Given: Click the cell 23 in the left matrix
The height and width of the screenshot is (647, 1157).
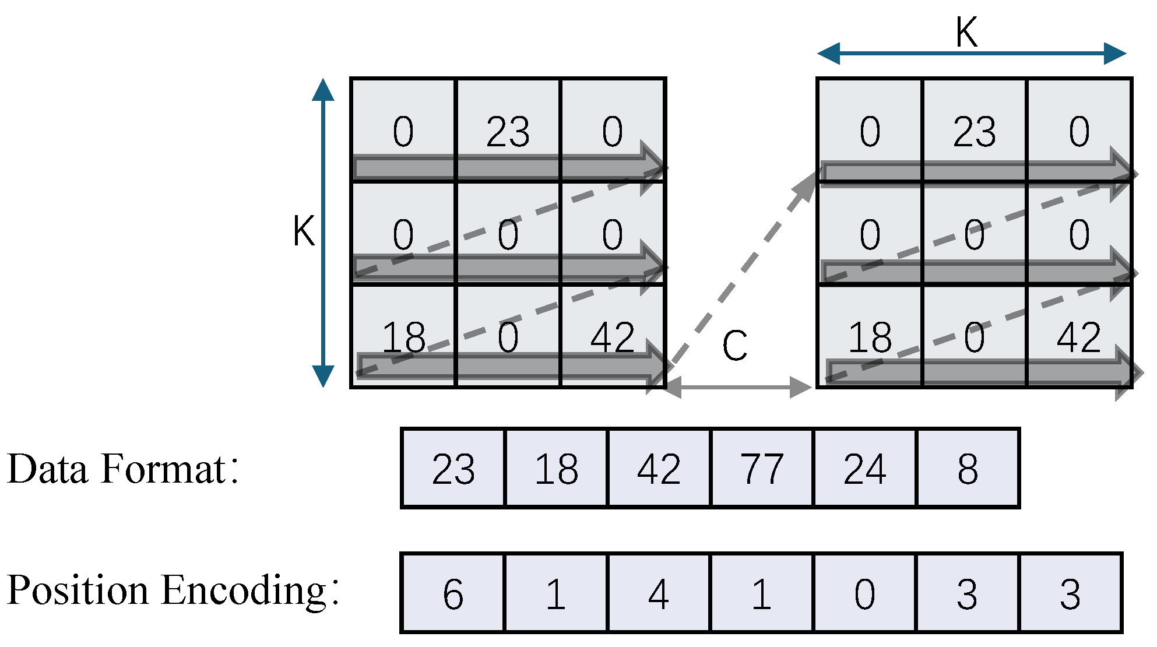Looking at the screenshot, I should [x=508, y=131].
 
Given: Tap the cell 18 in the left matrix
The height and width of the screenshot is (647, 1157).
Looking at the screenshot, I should [x=403, y=336].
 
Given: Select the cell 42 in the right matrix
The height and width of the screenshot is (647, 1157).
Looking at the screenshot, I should [x=1079, y=336].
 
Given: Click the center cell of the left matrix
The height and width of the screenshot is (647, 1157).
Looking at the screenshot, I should [x=508, y=233].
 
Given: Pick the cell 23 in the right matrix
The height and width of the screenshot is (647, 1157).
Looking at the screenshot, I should [x=975, y=131].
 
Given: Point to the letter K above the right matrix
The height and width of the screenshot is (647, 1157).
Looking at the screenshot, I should [x=966, y=32].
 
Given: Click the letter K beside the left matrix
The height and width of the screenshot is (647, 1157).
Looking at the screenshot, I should [x=304, y=231].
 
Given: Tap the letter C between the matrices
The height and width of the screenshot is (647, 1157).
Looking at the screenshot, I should [x=734, y=345].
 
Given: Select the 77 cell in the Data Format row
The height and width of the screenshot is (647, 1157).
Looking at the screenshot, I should [x=762, y=468].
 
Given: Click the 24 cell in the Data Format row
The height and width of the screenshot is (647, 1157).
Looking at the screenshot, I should [x=865, y=468].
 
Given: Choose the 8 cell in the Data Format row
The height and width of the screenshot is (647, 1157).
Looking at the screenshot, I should [x=968, y=468].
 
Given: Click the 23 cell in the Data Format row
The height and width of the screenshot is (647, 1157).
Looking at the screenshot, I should [x=453, y=468].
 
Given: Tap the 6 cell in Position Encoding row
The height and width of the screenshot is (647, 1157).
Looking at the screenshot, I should [x=453, y=593].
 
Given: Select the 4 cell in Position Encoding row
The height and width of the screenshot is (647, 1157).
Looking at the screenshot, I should [x=659, y=593].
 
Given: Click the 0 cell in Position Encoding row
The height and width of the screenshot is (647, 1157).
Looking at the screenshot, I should [x=865, y=593].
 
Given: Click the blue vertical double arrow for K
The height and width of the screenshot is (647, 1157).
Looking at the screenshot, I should [x=323, y=233].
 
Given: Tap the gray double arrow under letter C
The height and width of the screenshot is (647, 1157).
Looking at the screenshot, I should [x=738, y=386].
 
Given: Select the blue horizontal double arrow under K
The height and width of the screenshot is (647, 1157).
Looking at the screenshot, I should [x=971, y=54].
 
